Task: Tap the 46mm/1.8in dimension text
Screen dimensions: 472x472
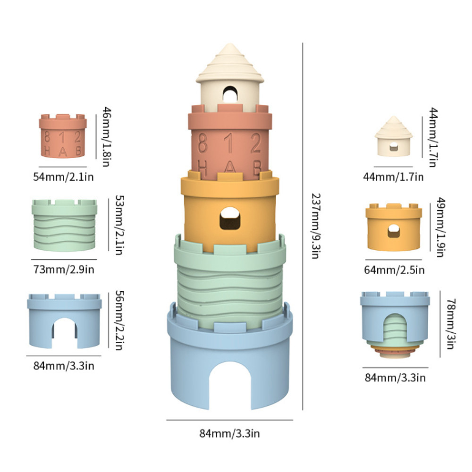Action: point(106,137)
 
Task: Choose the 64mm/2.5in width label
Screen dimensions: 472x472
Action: point(395,270)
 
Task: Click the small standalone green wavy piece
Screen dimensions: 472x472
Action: point(65,224)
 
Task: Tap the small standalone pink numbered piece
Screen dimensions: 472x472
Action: point(63,136)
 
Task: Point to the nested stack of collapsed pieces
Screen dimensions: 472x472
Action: point(395,326)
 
